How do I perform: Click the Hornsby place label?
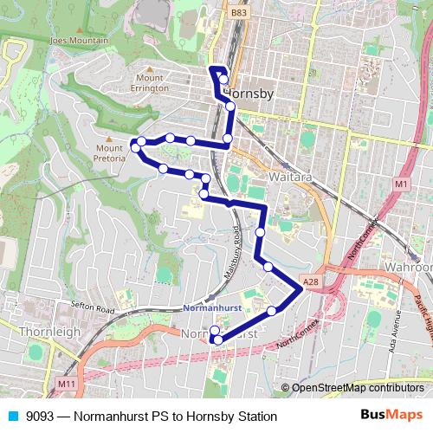[249, 90]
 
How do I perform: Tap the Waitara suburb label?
[268, 176]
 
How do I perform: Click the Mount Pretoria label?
[109, 152]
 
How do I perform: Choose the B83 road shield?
[238, 13]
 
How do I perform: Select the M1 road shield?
[400, 184]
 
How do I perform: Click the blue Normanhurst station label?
[213, 308]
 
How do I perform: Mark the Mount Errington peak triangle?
[150, 68]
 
